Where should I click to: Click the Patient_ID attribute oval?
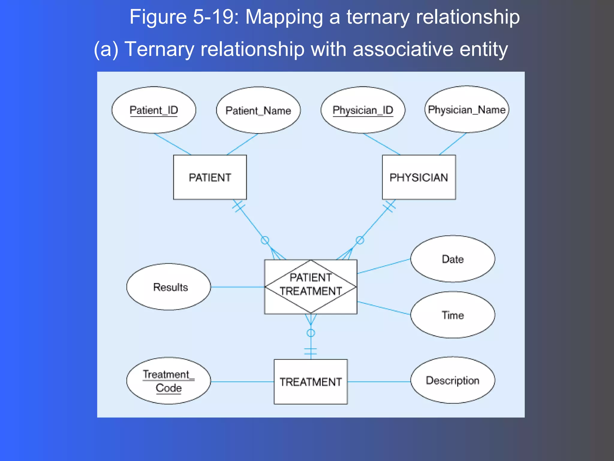[153, 110]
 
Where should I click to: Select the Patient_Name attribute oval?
[258, 110]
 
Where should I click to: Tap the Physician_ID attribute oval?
[363, 110]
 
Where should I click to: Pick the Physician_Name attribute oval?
[467, 110]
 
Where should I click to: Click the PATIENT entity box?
[210, 177]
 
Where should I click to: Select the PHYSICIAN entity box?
[419, 177]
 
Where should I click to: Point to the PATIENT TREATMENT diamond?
[311, 287]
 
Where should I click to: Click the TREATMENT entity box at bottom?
[311, 382]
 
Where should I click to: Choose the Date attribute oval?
[453, 259]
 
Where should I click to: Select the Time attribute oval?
[453, 315]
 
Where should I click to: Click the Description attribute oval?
[453, 380]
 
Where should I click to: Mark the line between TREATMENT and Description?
[379, 382]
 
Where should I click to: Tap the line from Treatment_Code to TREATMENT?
[242, 382]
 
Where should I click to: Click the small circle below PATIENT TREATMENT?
[311, 333]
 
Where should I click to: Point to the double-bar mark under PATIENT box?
[239, 206]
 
